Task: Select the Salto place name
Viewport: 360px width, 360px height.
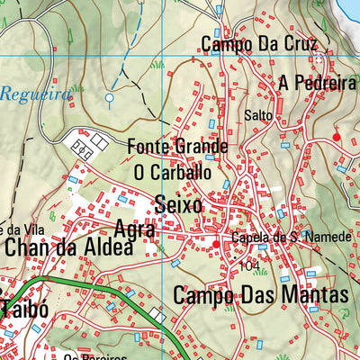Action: point(257,115)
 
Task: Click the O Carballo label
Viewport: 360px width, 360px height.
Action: point(172,171)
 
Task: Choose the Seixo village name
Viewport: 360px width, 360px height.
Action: point(178,204)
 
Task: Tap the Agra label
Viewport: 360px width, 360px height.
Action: point(136,229)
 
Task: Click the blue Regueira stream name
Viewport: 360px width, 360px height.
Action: point(35,94)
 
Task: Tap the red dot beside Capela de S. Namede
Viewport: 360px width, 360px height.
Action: point(216,243)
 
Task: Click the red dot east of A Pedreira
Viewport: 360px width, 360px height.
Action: point(337,137)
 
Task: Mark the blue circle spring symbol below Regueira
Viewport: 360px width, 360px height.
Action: point(110,97)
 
